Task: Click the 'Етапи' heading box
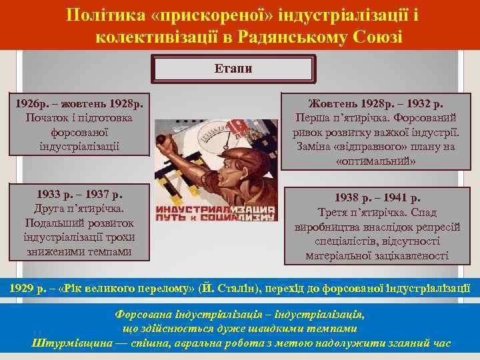tap(233, 69)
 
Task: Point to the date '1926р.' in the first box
tap(33, 104)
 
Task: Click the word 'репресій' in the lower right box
tap(440, 227)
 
